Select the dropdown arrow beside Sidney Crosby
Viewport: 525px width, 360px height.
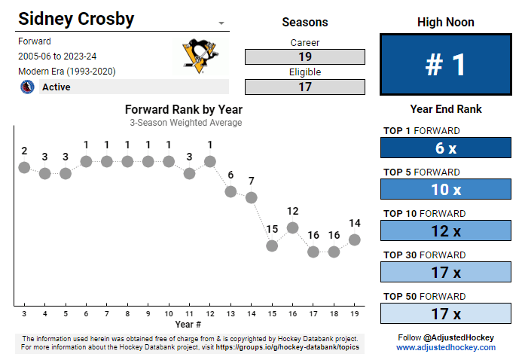(x=221, y=23)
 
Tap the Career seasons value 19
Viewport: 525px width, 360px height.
(x=304, y=56)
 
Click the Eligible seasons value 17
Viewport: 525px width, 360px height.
(x=304, y=87)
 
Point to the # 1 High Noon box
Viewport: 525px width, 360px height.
(x=445, y=65)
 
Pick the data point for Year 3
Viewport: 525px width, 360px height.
(x=24, y=167)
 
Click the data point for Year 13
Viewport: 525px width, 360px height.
(x=230, y=191)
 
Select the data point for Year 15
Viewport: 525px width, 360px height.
(x=272, y=246)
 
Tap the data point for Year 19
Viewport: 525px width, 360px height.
(x=355, y=239)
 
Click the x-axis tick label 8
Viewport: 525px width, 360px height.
(x=127, y=313)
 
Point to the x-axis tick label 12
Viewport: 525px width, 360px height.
(x=210, y=313)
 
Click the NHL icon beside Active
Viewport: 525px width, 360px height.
(x=28, y=87)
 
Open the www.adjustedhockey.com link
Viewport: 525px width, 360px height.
(x=446, y=348)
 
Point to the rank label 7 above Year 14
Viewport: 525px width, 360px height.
(x=252, y=181)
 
